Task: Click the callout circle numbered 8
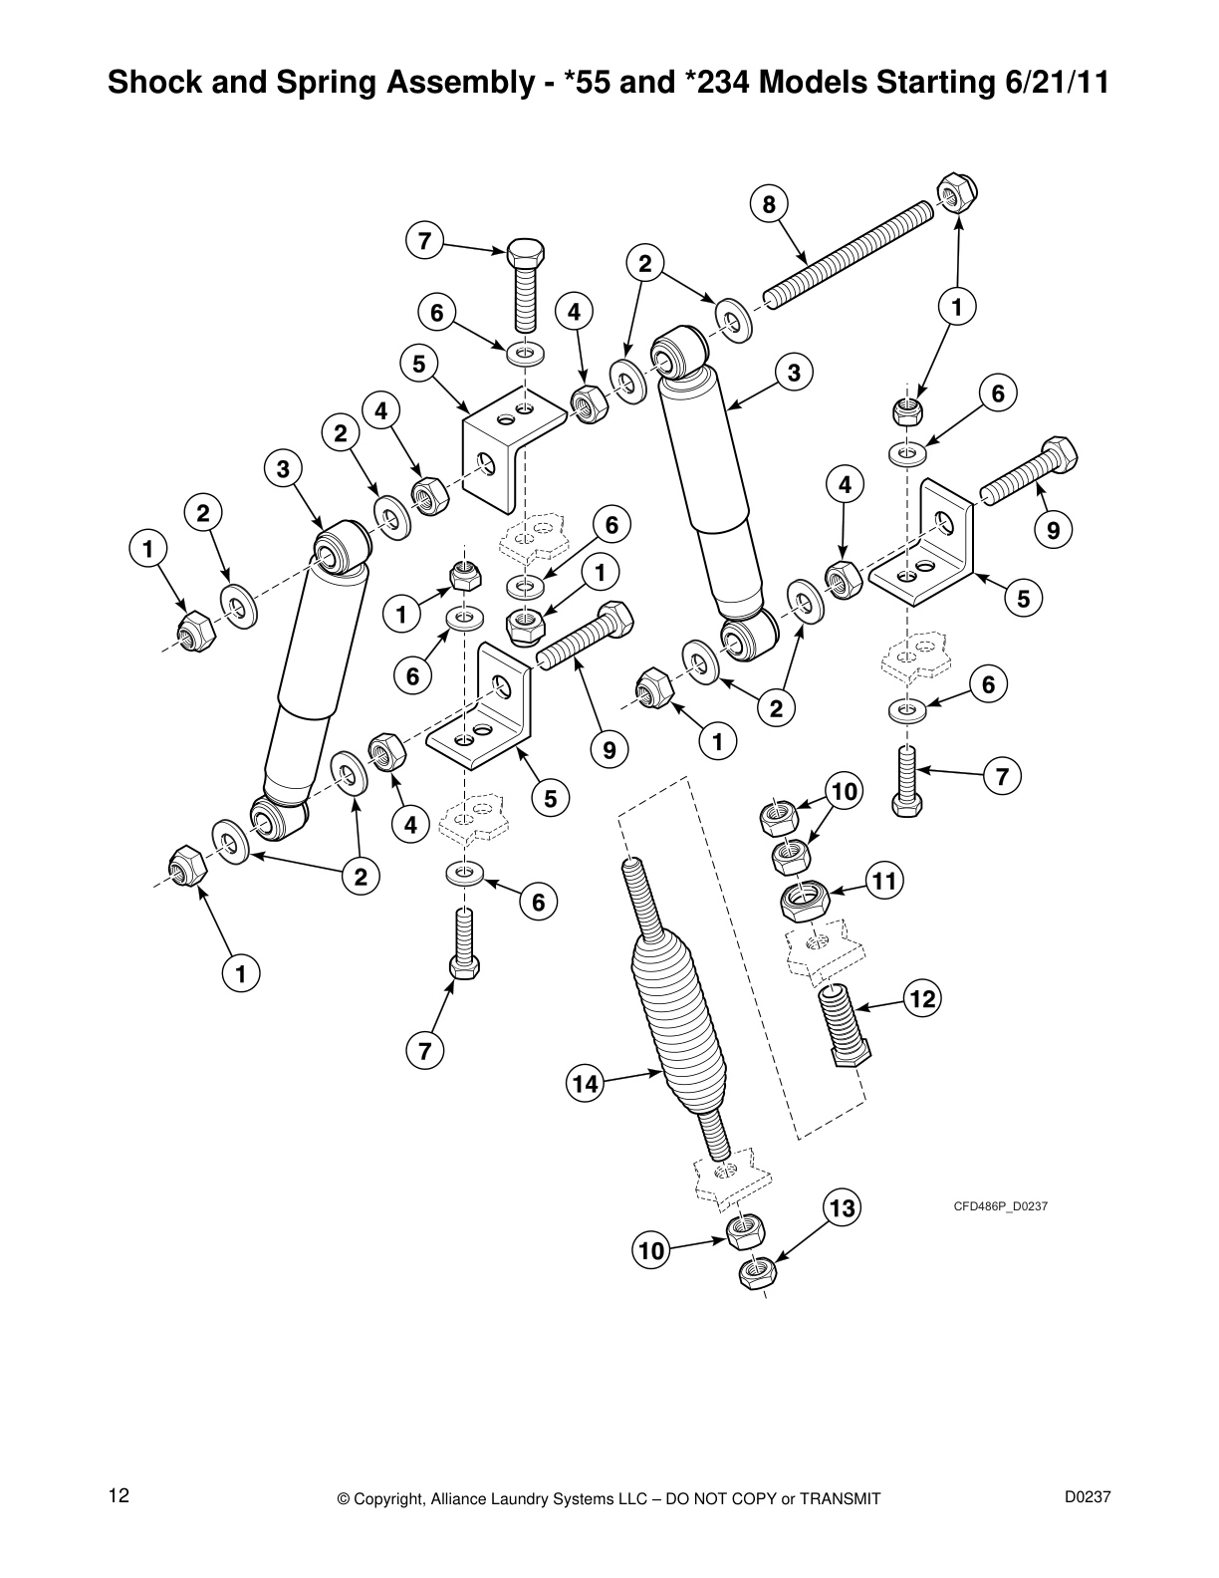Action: [x=768, y=205]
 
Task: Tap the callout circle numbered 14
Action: [x=586, y=1084]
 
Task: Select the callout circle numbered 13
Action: [x=842, y=1208]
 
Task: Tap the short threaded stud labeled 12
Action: [x=845, y=1026]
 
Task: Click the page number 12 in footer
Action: [x=119, y=1495]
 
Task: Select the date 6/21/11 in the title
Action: [x=1052, y=82]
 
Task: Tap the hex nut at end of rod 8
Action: [x=957, y=193]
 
